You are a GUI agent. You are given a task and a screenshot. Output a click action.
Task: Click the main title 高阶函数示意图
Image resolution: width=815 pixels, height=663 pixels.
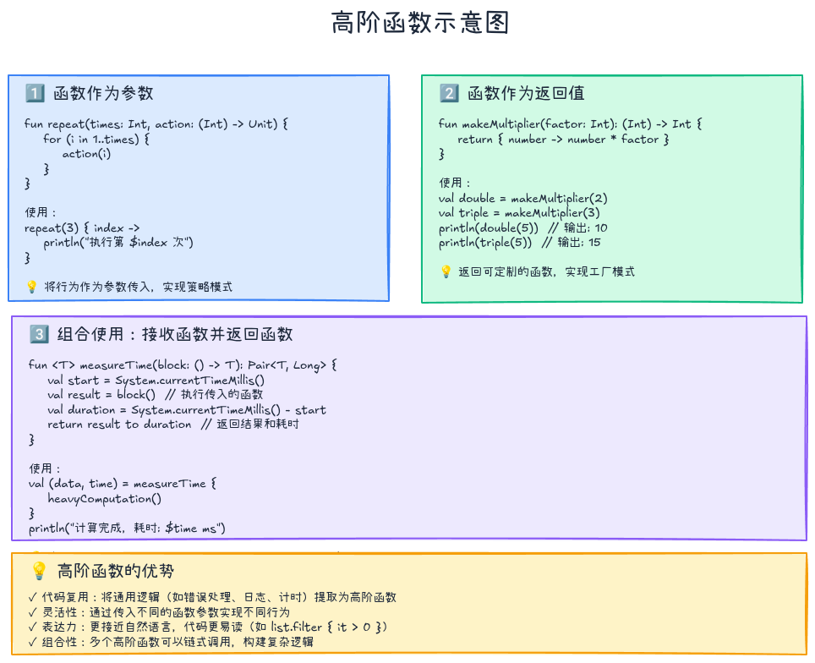pos(420,24)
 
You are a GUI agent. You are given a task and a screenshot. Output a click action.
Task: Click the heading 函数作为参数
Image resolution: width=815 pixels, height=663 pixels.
pos(103,93)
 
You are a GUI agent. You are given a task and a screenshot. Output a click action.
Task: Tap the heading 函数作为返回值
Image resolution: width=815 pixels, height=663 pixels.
pos(526,93)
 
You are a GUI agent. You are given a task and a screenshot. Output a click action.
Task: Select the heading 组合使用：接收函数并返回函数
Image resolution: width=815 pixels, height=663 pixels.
pos(175,334)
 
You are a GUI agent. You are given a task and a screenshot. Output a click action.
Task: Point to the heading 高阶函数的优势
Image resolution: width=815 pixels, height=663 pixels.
pos(116,571)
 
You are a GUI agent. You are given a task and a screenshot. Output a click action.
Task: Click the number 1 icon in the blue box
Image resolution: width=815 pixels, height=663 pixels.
pos(35,93)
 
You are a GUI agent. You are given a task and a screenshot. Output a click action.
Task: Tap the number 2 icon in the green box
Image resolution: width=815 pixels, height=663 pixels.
pos(449,93)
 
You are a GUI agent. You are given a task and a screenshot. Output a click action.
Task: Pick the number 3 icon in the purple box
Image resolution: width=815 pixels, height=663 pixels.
pos(39,334)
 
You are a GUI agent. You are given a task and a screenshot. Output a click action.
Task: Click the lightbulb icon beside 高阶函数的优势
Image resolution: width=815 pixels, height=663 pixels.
pos(39,571)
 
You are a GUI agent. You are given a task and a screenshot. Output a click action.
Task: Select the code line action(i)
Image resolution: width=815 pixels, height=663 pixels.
pos(86,154)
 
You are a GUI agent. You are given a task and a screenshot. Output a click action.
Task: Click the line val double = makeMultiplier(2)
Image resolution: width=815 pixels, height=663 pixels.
pos(523,198)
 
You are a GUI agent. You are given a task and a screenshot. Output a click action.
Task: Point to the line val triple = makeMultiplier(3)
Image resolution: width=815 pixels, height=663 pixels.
pos(519,213)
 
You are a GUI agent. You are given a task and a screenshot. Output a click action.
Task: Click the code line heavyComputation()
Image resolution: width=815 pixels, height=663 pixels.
pos(104,499)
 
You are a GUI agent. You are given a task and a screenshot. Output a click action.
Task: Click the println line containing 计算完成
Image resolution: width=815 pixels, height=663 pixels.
pos(127,529)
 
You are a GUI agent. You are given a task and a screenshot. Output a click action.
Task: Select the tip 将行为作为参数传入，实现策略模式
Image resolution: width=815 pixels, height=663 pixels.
pos(138,287)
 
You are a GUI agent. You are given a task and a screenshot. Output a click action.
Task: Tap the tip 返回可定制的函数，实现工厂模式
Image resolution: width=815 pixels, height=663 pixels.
pos(546,271)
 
